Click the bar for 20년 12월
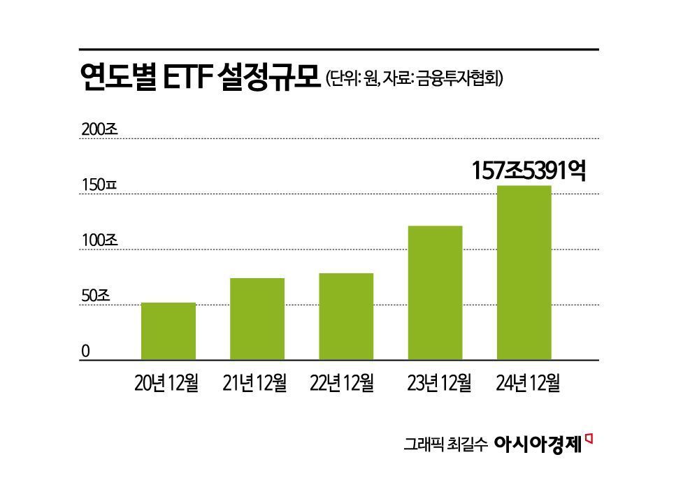tap(168, 331)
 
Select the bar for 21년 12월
tap(257, 319)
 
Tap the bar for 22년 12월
tap(345, 317)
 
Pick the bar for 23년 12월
tap(434, 293)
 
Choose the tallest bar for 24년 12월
tap(523, 273)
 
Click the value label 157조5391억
tap(528, 170)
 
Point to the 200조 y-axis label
tap(101, 129)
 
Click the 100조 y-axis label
tap(101, 240)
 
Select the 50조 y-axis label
tap(96, 296)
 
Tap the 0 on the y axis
tap(86, 351)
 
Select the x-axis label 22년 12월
tap(342, 383)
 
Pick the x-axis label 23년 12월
tap(439, 383)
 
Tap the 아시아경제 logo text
tap(538, 442)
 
